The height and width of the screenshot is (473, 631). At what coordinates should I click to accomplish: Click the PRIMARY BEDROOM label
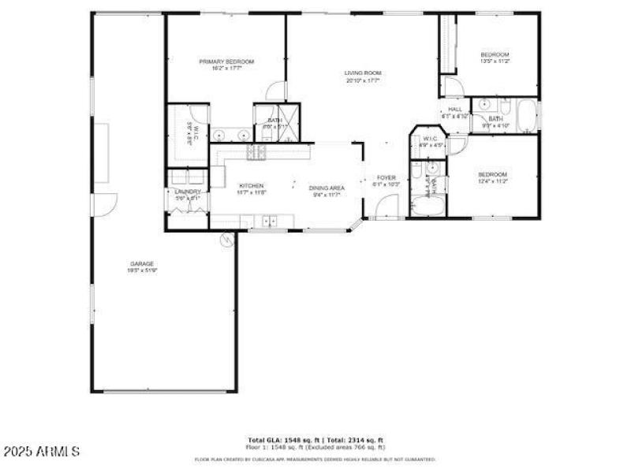(226, 61)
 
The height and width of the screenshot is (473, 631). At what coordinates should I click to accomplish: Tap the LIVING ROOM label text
(363, 74)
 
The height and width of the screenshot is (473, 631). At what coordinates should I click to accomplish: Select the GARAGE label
(142, 263)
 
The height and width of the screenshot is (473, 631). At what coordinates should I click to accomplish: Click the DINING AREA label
(327, 187)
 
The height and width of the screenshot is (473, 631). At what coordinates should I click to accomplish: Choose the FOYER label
(386, 177)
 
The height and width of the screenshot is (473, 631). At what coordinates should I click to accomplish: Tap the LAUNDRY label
(188, 192)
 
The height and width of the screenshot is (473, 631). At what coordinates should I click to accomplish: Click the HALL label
(455, 110)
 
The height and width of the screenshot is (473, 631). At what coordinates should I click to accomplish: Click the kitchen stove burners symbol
(257, 152)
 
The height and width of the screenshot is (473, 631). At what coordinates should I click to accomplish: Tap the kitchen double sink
(269, 222)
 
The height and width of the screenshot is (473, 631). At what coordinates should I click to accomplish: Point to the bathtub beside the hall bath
(527, 116)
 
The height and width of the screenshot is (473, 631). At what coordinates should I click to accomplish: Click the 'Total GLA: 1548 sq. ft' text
(280, 440)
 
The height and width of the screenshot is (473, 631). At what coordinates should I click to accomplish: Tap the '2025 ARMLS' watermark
(41, 452)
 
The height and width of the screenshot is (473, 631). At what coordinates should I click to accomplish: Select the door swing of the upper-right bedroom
(450, 86)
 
